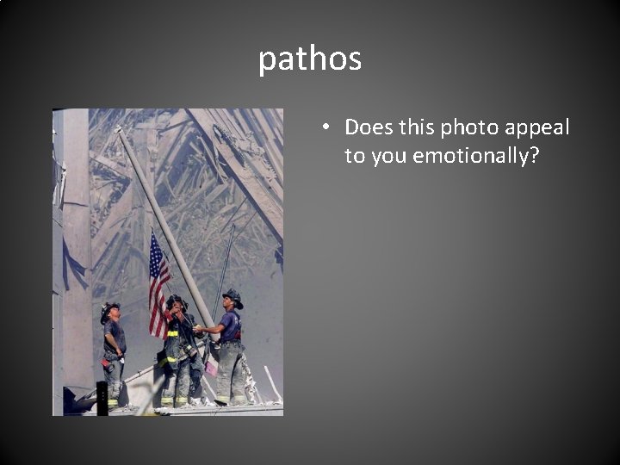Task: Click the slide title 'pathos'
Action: [310, 59]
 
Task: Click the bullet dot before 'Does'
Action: [326, 128]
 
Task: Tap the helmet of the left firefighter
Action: [109, 308]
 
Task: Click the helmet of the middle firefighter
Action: [177, 301]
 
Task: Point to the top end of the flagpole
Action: [120, 132]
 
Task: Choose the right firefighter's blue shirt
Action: [230, 326]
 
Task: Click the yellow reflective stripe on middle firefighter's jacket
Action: [173, 333]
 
